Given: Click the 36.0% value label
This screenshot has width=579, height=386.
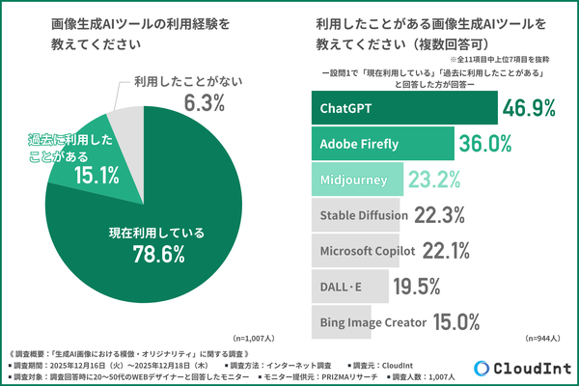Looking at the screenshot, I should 487,144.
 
